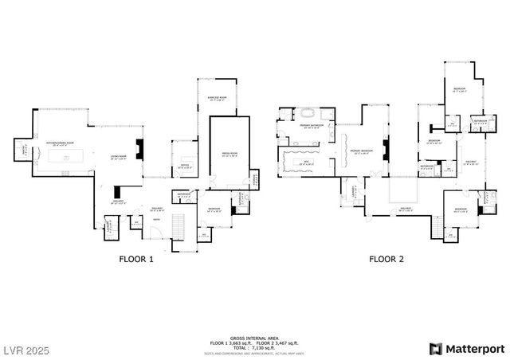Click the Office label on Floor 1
(x=183, y=166)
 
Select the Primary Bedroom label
(x=363, y=151)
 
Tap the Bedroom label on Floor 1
(x=214, y=209)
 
